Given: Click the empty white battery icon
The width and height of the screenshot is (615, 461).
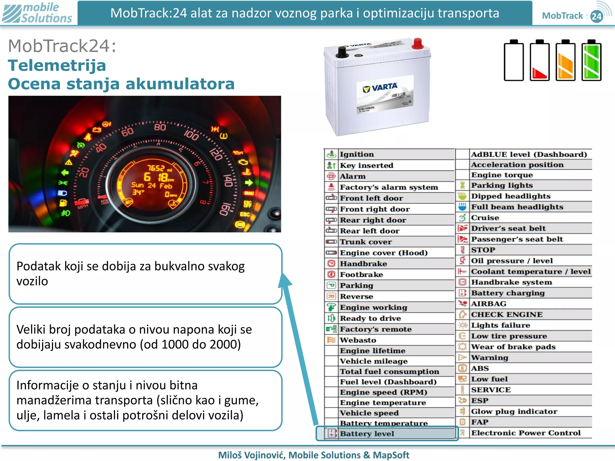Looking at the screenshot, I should (514, 61).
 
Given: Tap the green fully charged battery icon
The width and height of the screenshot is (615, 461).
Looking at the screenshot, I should (591, 61).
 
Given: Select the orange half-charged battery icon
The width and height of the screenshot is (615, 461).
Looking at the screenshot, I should (565, 61).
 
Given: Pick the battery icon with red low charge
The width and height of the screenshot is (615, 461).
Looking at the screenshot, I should (540, 61).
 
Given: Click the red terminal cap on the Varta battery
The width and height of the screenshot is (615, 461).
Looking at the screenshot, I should (417, 44).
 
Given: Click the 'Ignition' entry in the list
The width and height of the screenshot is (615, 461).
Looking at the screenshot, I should (357, 154).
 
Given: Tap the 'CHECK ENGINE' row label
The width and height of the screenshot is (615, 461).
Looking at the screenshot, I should (507, 314).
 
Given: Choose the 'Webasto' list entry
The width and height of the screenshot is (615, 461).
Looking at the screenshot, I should (358, 340).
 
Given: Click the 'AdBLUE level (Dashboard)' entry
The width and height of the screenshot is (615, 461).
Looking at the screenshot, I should (529, 154).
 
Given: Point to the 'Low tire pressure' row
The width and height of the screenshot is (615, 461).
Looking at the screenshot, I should (509, 336).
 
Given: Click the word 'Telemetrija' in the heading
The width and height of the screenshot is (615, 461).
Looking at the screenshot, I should (57, 65).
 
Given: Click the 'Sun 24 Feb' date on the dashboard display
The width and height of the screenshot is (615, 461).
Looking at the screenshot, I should (152, 185).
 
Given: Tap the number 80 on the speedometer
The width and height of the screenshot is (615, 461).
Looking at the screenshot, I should (160, 127).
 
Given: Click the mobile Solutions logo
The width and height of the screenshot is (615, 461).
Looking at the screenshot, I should (37, 13).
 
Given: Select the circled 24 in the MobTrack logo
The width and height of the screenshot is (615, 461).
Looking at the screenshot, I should (596, 16).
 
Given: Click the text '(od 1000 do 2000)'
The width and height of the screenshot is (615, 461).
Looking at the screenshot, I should (190, 344).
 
